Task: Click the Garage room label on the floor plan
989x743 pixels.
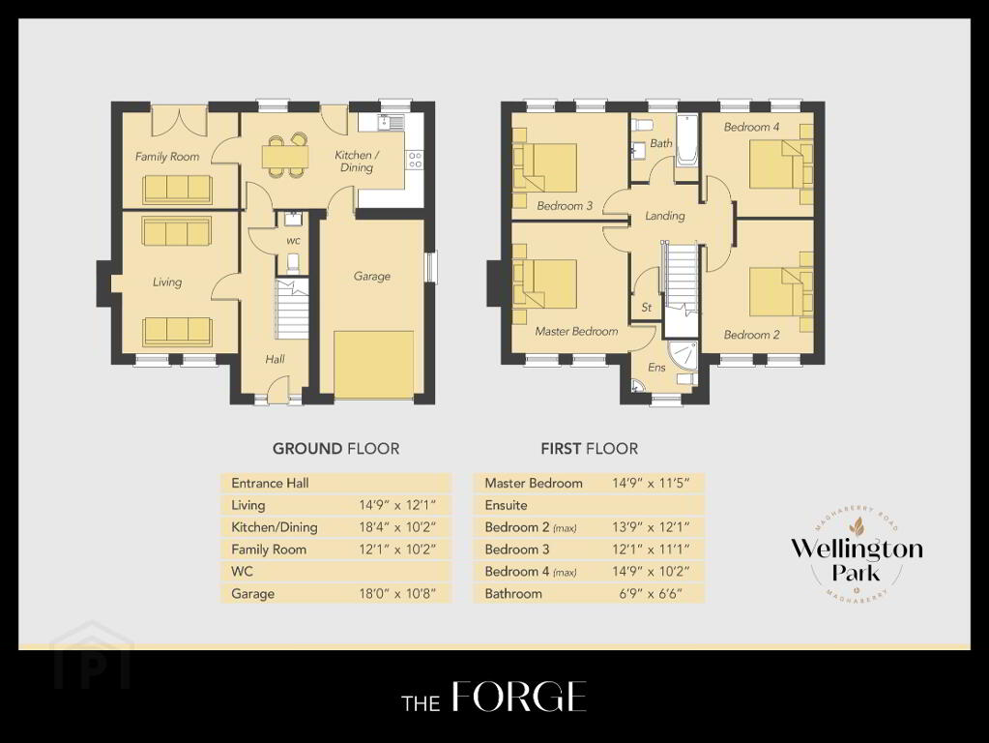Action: click(371, 277)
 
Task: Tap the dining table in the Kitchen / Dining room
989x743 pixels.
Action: click(286, 156)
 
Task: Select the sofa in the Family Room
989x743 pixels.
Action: click(177, 189)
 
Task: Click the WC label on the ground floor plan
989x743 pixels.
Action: click(293, 241)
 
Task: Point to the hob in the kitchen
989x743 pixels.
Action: click(415, 159)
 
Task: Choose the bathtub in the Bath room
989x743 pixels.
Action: click(685, 141)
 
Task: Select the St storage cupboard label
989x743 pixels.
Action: click(647, 308)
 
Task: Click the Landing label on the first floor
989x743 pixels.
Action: click(665, 216)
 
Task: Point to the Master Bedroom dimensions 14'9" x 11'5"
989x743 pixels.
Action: click(651, 484)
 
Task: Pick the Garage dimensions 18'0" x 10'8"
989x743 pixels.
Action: click(397, 594)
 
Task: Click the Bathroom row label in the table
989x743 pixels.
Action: click(513, 594)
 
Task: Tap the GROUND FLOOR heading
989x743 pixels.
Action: click(335, 449)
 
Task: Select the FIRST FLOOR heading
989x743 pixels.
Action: click(589, 449)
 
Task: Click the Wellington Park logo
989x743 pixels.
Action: click(856, 553)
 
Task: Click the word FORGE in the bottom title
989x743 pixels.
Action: click(519, 698)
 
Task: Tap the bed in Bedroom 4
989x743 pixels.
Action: click(781, 164)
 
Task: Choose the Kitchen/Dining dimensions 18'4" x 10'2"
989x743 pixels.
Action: click(397, 527)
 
